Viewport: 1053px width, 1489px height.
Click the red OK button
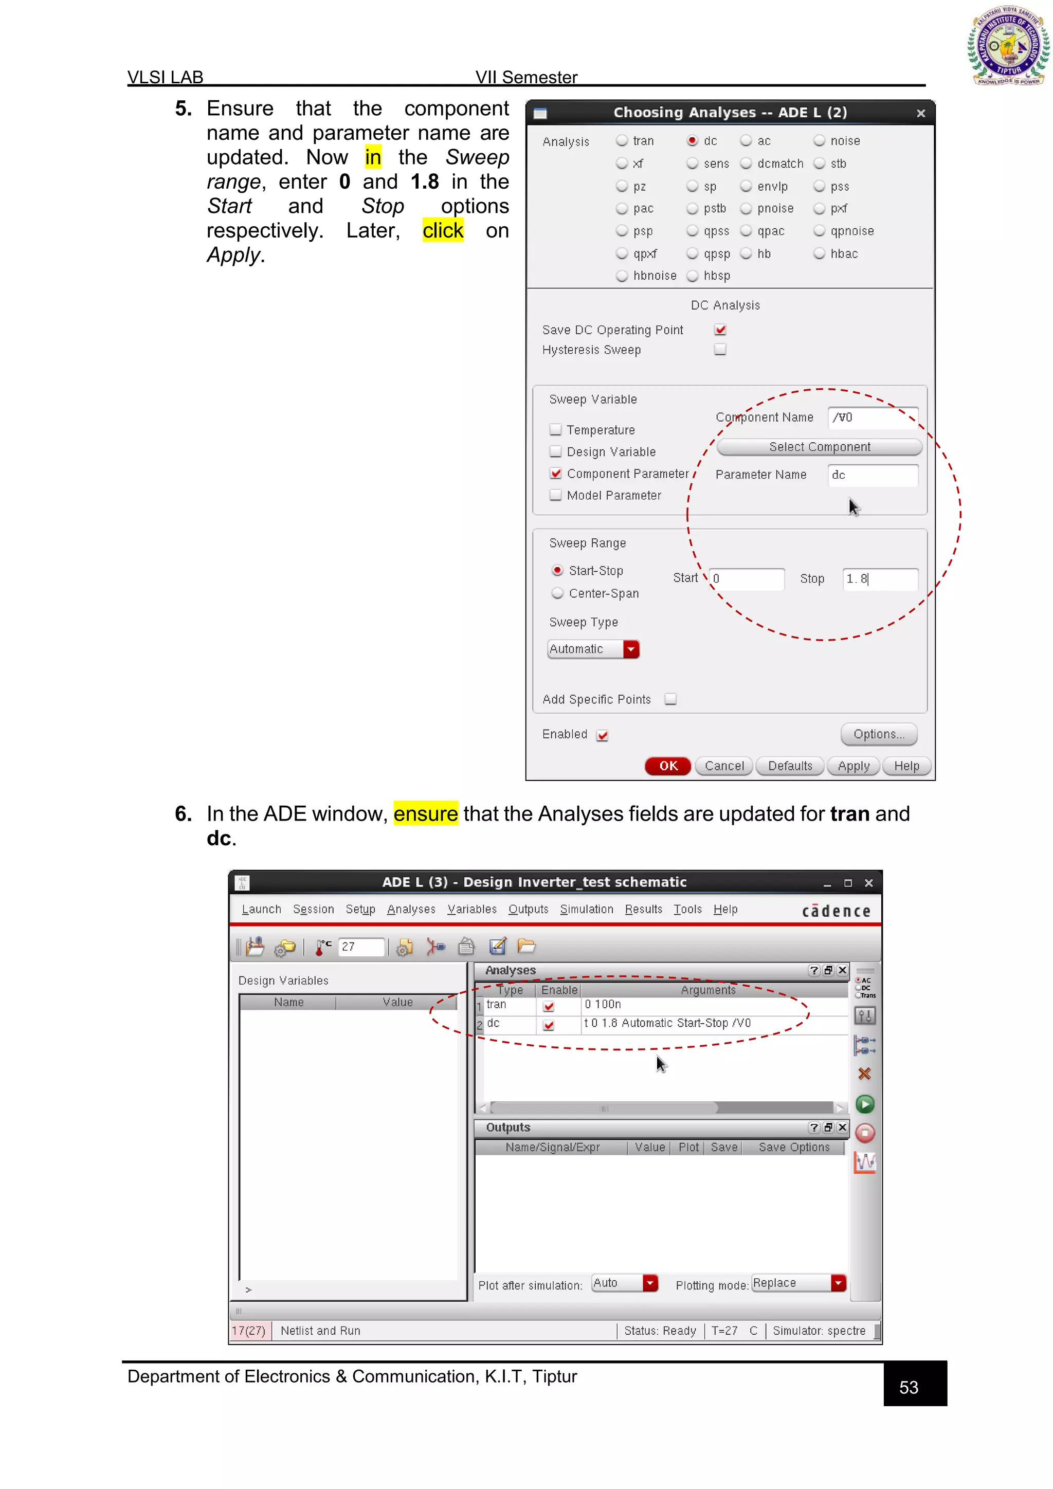click(x=668, y=766)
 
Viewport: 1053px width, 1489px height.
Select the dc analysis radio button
click(x=693, y=141)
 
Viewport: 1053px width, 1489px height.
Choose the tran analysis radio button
click(x=622, y=141)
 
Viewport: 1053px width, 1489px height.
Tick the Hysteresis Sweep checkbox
click(x=720, y=350)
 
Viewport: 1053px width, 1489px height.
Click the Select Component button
click(x=819, y=447)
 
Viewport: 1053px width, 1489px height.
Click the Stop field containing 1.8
click(x=879, y=579)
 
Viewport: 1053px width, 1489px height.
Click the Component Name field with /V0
click(x=872, y=417)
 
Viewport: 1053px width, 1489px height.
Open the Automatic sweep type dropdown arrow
click(x=631, y=649)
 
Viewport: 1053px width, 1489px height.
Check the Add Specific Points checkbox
click(x=670, y=699)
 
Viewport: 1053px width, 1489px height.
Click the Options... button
click(x=879, y=734)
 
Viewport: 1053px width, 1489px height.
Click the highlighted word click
click(x=443, y=231)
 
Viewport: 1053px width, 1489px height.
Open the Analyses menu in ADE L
click(x=411, y=909)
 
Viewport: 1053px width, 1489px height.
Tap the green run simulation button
click(x=865, y=1104)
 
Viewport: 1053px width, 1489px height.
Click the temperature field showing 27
click(x=361, y=947)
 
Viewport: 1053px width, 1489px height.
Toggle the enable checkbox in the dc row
click(x=549, y=1025)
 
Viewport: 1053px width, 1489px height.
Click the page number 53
click(x=909, y=1387)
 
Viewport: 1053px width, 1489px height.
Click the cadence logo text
click(x=836, y=911)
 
